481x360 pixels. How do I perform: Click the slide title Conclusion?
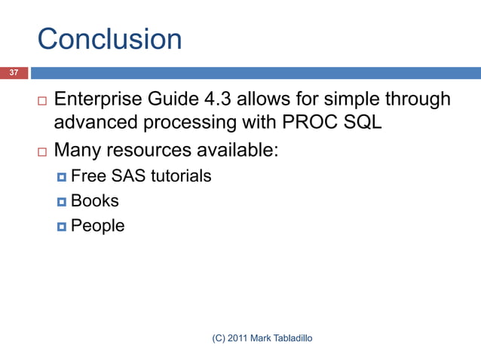point(109,39)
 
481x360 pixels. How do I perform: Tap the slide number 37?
point(13,72)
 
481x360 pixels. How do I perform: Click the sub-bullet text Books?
point(95,201)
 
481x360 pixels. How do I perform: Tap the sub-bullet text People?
point(98,225)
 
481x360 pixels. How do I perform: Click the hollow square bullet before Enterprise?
point(41,101)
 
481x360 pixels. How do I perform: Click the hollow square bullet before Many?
point(41,151)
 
